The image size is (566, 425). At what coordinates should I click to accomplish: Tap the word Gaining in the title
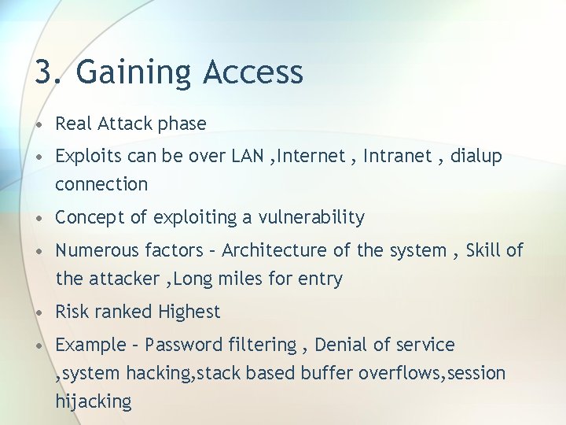click(x=134, y=73)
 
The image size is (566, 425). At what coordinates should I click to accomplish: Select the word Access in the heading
click(x=253, y=72)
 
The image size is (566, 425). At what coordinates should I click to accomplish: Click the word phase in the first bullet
click(x=182, y=124)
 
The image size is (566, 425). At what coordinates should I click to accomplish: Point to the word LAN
click(x=248, y=156)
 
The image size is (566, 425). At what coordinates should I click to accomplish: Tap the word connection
click(x=101, y=184)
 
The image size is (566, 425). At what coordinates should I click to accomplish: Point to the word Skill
click(x=483, y=250)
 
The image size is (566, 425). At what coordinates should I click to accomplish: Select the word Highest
click(x=189, y=312)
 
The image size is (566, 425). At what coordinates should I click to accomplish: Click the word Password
click(x=184, y=345)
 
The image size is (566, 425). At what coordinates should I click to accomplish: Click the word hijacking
click(x=93, y=402)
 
